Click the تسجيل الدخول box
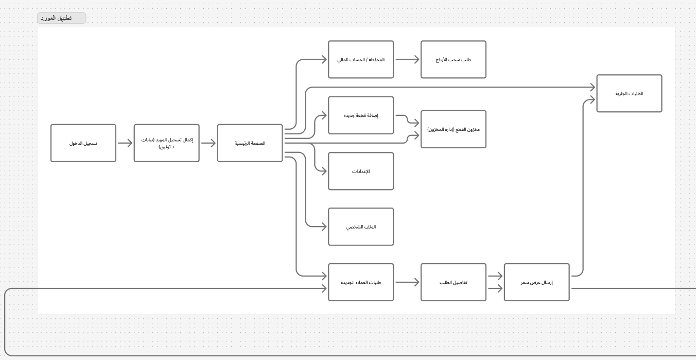[x=83, y=143]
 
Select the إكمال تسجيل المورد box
[x=166, y=143]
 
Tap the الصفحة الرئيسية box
[x=250, y=143]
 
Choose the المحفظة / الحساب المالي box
[x=361, y=60]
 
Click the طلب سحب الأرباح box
[x=453, y=60]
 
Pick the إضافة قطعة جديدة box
[x=361, y=115]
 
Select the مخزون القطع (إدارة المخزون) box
[x=453, y=129]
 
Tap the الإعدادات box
[x=361, y=171]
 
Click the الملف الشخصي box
[x=361, y=227]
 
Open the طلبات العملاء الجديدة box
[x=361, y=282]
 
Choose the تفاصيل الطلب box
[x=453, y=282]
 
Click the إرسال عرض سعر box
[x=536, y=282]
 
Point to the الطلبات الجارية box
[x=629, y=94]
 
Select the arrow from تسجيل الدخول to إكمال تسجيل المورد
[x=125, y=143]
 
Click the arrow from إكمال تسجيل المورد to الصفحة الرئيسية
[x=208, y=143]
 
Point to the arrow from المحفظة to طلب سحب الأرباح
[x=407, y=60]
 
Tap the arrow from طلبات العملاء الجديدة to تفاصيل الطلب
[x=407, y=282]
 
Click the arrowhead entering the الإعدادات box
[x=324, y=171]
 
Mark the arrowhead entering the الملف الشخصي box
[x=324, y=227]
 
